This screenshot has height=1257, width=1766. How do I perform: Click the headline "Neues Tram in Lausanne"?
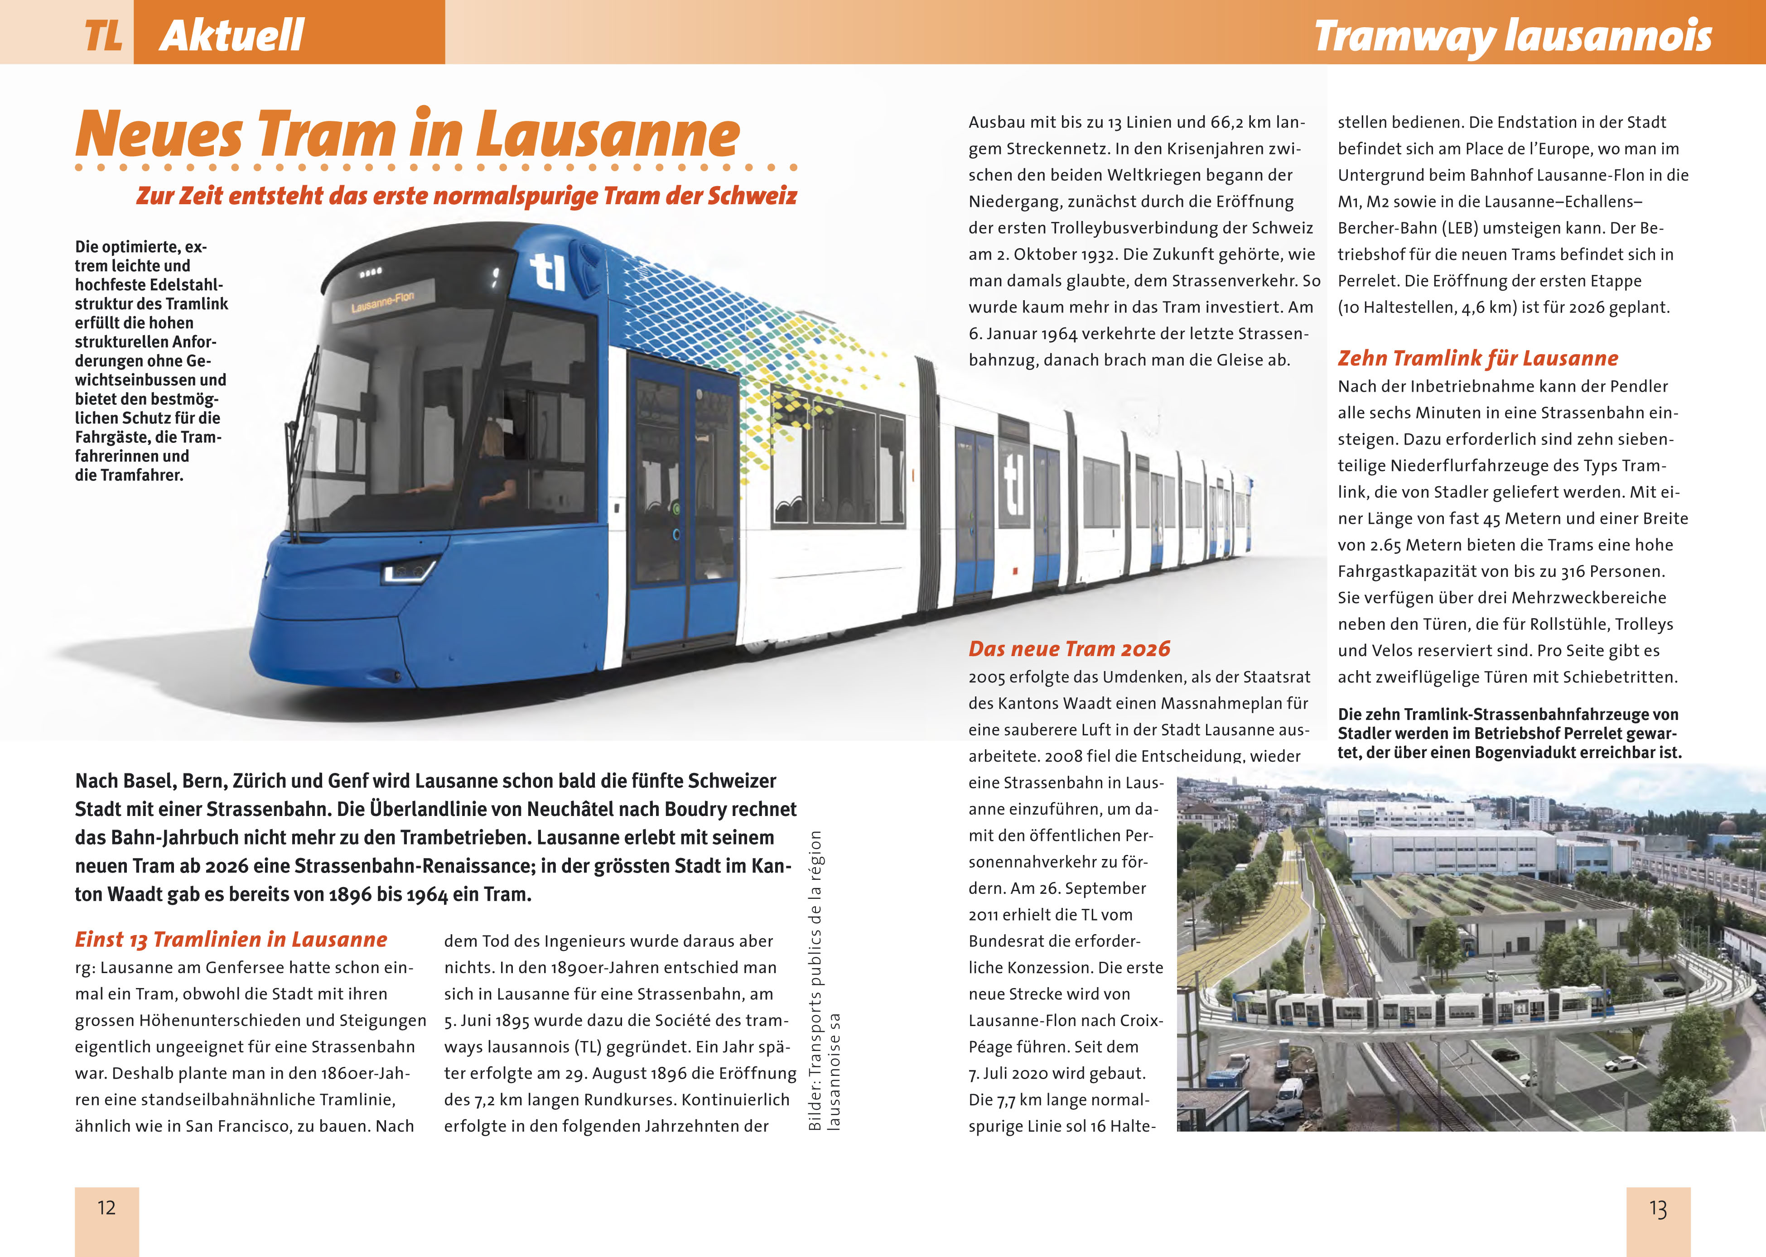click(x=407, y=134)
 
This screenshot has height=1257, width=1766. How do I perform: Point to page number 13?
click(x=1658, y=1209)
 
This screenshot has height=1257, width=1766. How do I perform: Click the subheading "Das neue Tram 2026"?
click(x=1069, y=648)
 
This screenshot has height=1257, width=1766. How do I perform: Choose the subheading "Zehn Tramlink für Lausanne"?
click(x=1477, y=358)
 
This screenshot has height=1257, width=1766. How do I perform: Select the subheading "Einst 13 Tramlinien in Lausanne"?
click(x=231, y=940)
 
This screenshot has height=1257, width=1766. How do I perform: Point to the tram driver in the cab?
click(x=492, y=465)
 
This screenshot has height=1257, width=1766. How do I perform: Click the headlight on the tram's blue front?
click(x=408, y=571)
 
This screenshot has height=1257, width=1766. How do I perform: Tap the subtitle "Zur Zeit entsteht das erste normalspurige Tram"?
click(x=466, y=196)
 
